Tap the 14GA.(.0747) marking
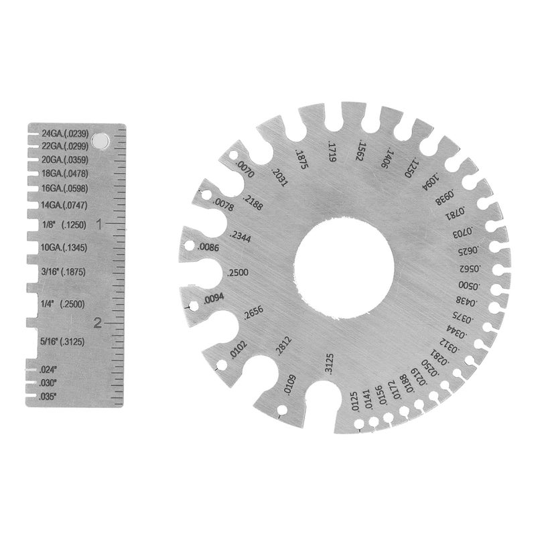click(64, 204)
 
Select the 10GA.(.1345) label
click(64, 248)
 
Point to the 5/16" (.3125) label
click(62, 341)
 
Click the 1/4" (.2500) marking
click(62, 304)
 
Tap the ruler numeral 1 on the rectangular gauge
click(98, 224)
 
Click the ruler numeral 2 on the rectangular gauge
click(98, 323)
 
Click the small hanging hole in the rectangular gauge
click(101, 139)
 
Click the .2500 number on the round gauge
click(239, 273)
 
